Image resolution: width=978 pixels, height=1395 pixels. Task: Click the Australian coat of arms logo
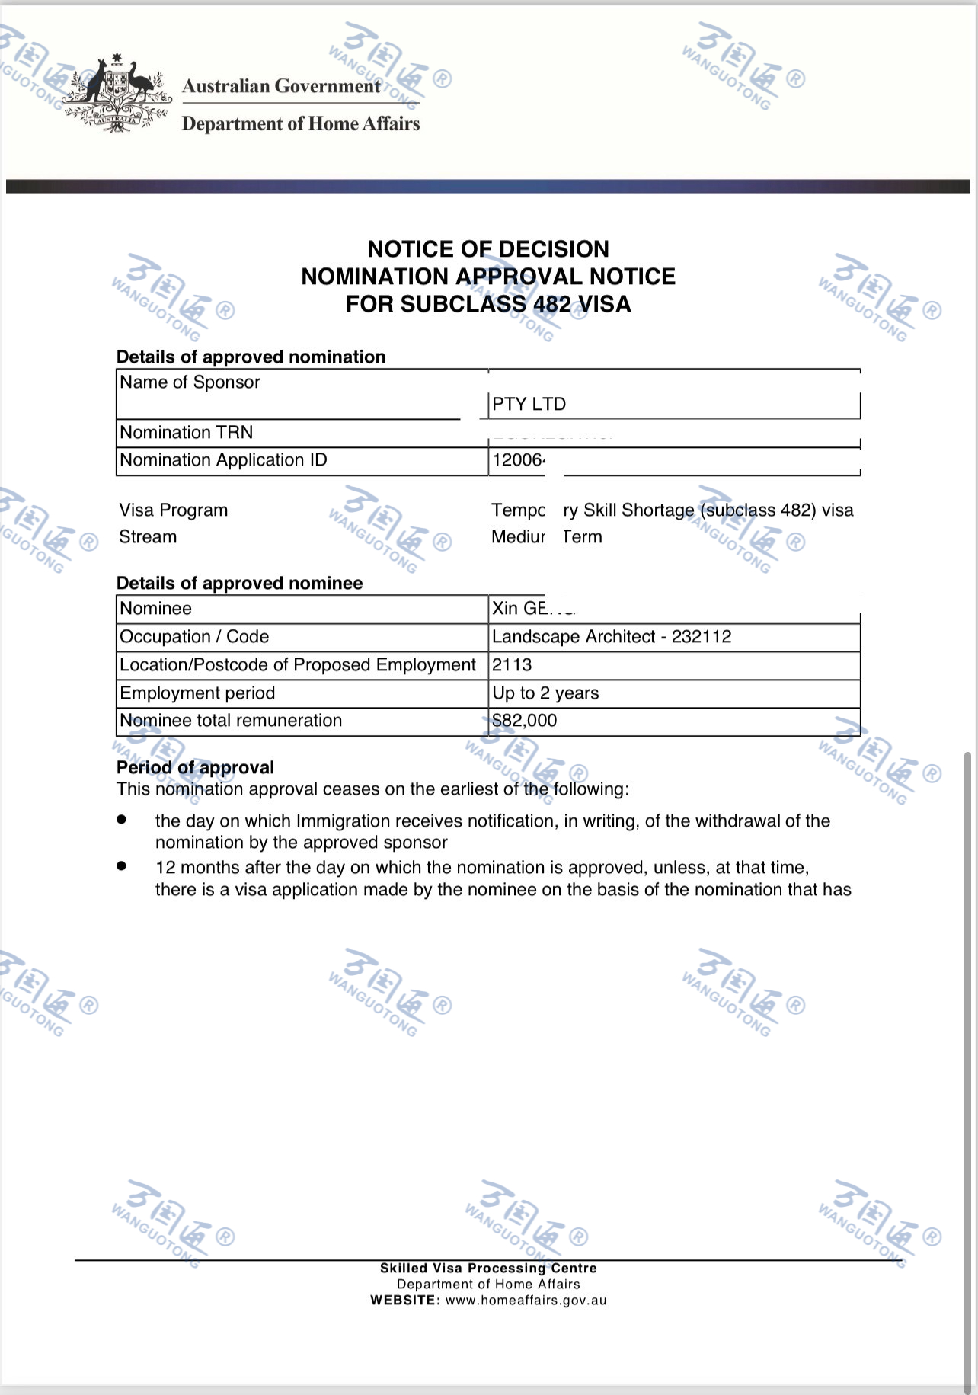click(117, 93)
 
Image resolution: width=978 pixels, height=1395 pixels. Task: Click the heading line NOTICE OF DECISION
click(488, 249)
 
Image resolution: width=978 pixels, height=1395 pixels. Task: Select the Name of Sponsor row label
click(190, 382)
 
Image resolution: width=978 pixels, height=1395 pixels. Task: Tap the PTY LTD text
click(529, 405)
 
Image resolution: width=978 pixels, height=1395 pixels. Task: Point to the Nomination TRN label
click(186, 433)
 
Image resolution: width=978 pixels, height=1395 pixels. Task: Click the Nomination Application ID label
click(223, 460)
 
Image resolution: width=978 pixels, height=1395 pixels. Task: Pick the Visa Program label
click(173, 510)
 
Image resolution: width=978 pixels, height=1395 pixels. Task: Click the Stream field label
click(148, 537)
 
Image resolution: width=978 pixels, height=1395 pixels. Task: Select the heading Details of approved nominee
click(239, 584)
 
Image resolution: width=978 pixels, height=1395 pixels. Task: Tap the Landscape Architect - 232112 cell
click(612, 637)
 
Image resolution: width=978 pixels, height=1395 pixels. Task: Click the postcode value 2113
click(512, 665)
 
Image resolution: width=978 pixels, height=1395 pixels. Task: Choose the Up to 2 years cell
click(545, 693)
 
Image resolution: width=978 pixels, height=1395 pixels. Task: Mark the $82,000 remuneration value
click(525, 721)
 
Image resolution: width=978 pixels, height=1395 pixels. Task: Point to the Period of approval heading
click(195, 768)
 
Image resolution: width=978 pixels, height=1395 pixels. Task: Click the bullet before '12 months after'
click(121, 866)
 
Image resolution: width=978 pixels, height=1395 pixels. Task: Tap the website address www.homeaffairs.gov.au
click(526, 1301)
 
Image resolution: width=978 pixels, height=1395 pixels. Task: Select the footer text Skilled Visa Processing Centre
click(488, 1269)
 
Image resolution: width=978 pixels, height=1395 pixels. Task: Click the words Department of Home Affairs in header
click(301, 123)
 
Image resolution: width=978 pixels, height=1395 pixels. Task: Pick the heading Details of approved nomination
click(251, 357)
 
